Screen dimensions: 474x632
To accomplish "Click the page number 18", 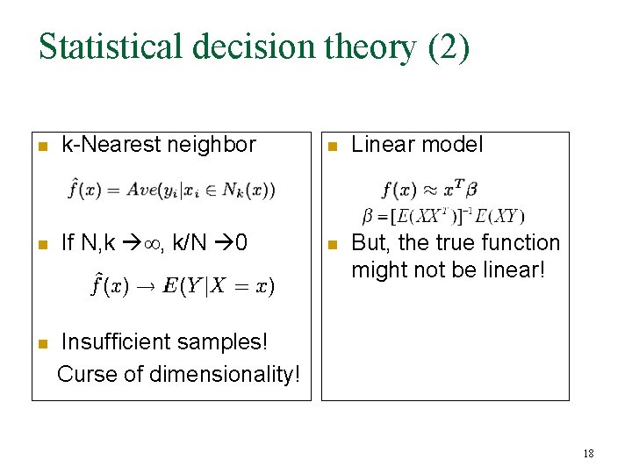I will [588, 454].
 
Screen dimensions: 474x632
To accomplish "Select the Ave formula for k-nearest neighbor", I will [171, 190].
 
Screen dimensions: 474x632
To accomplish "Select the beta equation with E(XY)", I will [443, 215].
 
